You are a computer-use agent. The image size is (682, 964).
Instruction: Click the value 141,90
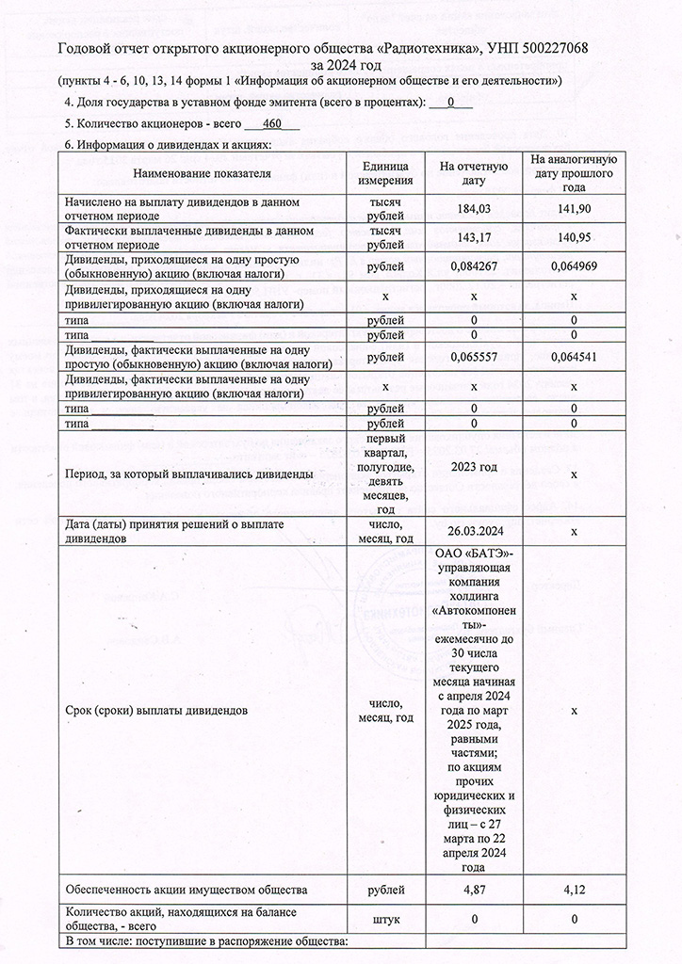click(573, 209)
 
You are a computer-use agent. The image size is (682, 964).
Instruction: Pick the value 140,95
click(573, 237)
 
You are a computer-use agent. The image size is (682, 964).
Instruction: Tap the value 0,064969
click(573, 266)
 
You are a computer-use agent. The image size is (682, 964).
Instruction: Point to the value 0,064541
click(573, 357)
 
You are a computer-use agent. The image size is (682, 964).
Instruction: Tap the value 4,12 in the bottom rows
click(573, 889)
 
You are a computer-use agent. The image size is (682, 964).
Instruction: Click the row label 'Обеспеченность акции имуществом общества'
click(184, 889)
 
